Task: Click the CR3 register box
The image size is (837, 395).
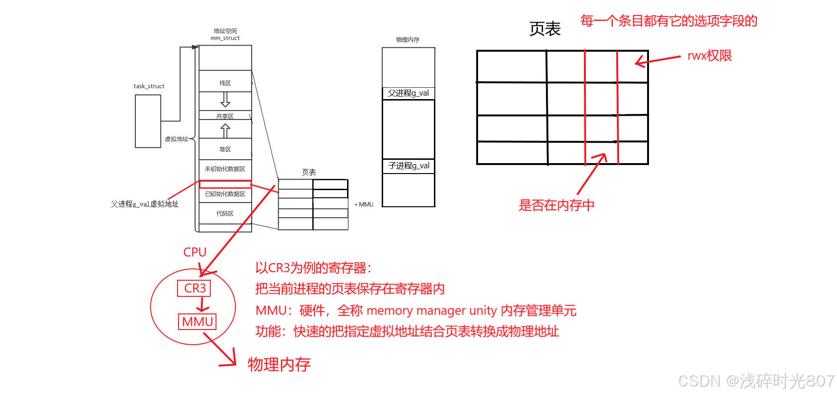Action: (194, 288)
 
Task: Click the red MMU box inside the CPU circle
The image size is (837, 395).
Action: (197, 322)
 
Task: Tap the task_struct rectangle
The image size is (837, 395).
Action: (148, 121)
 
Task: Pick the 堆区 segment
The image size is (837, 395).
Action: (225, 149)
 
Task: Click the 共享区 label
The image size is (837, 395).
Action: (225, 116)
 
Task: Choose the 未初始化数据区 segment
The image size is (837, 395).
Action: (225, 169)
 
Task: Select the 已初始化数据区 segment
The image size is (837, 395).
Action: (225, 194)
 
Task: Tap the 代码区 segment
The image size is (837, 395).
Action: (225, 213)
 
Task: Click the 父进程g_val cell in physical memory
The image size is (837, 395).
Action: (408, 93)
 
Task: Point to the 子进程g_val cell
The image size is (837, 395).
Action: (408, 166)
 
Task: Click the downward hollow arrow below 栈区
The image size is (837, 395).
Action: (225, 100)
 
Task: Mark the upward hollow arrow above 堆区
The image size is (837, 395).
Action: (225, 130)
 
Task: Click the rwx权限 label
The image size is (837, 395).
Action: (709, 56)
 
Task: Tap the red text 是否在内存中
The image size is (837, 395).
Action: (556, 205)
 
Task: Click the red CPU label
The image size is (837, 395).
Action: (195, 252)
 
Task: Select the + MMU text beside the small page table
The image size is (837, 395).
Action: (364, 204)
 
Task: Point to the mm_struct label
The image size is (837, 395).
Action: (225, 38)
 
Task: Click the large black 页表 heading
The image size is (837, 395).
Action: (545, 29)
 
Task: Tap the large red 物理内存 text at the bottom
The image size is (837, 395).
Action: (279, 364)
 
